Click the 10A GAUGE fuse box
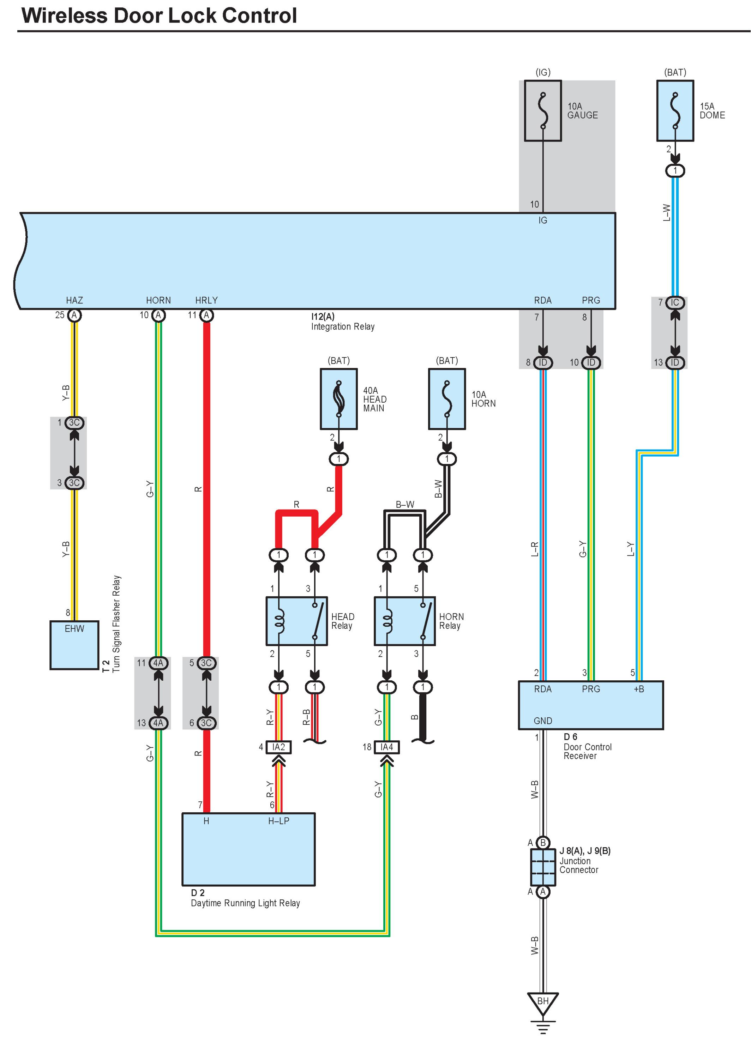pos(542,111)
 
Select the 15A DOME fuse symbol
pos(675,111)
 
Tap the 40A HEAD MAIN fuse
pos(338,399)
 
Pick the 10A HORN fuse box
pos(446,399)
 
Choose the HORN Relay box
pos(404,621)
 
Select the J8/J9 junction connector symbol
pos(542,867)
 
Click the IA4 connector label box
pos(386,747)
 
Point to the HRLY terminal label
pos(206,300)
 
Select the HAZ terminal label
pos(74,300)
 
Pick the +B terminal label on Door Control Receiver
pos(639,689)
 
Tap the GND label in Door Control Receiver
pos(542,721)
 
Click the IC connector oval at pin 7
pos(675,303)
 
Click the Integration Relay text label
pos(342,327)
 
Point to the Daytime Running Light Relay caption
pos(245,903)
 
